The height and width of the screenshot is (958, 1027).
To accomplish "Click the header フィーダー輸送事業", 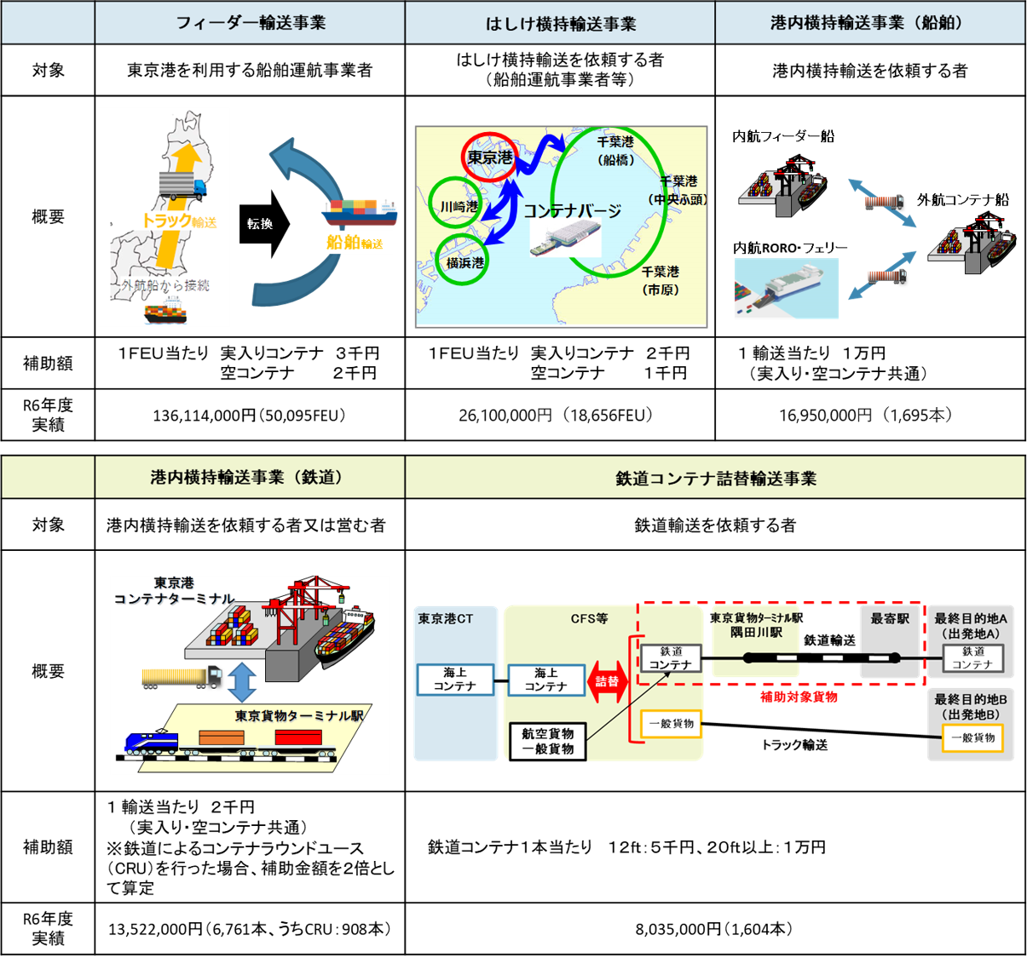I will point(250,23).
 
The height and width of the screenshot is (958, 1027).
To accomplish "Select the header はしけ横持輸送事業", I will point(560,24).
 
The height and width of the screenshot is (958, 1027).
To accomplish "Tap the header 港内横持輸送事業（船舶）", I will point(869,23).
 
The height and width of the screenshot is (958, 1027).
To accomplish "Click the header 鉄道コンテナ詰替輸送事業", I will point(715,479).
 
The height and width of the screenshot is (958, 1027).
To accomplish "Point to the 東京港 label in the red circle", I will point(490,158).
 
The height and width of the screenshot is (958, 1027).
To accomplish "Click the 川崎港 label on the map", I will point(459,206).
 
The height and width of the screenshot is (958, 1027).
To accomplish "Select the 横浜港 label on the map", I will point(464,262).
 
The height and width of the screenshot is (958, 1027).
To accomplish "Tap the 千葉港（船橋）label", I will point(615,150).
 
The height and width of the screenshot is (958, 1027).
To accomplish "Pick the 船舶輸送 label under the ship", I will point(355,243).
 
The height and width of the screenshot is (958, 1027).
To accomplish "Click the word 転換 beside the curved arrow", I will point(260,224).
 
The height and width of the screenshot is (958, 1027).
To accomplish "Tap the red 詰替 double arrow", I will point(607,681).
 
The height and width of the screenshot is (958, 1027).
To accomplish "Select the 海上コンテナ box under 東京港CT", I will point(455,680).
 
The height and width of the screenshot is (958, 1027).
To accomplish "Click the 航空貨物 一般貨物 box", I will point(547,741).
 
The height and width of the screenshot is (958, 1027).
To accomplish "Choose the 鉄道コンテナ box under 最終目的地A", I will point(972,657).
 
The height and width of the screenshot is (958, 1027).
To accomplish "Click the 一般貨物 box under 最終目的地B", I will point(972,737).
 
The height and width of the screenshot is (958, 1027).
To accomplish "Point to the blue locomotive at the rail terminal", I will point(151,742).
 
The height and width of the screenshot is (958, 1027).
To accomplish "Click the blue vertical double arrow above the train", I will point(243,682).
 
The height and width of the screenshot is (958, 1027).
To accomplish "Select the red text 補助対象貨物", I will point(799,697).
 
